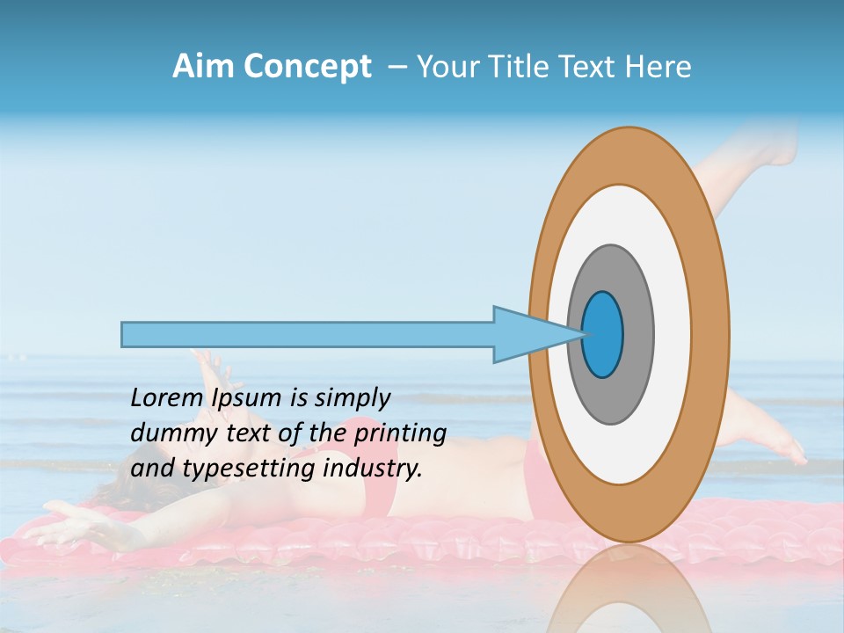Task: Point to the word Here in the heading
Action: pyautogui.click(x=658, y=67)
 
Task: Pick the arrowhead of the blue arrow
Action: pyautogui.click(x=527, y=334)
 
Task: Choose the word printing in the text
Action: pyautogui.click(x=399, y=433)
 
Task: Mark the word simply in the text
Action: pyautogui.click(x=351, y=398)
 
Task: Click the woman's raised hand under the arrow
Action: pyautogui.click(x=207, y=363)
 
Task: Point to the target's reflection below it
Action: pyautogui.click(x=629, y=589)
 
